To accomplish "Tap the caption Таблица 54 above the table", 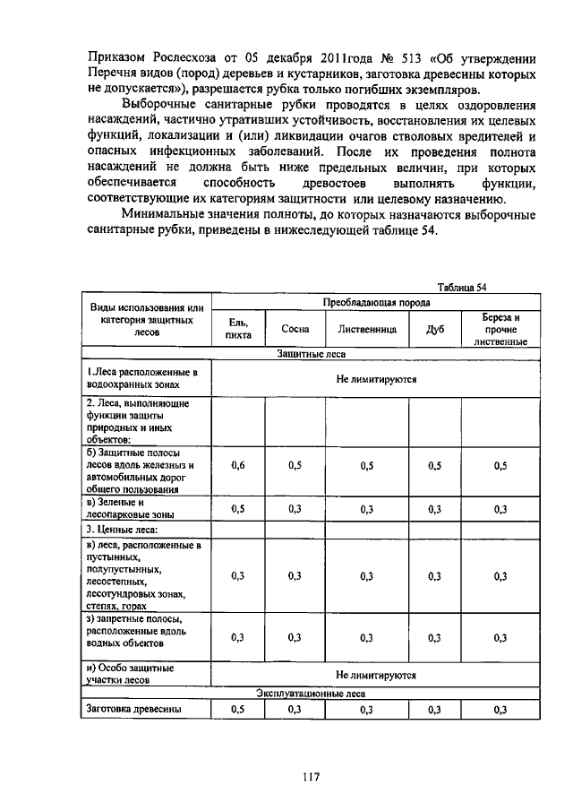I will click(461, 287).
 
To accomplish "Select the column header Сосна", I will click(295, 329).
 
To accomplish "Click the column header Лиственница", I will click(366, 329).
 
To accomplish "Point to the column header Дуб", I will click(435, 329).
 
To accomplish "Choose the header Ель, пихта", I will click(237, 329).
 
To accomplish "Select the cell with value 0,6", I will click(238, 465).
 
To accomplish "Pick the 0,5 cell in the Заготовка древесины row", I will click(238, 710).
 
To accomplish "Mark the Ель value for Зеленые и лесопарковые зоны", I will click(238, 509).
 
